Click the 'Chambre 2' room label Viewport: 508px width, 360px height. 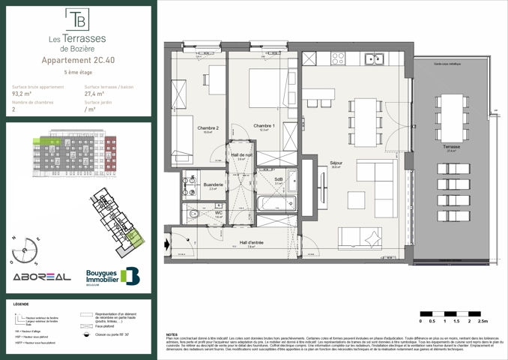pos(208,127)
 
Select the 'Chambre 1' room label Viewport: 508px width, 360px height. pos(264,125)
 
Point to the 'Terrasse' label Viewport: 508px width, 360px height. pos(451,147)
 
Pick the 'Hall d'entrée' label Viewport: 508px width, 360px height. pos(252,242)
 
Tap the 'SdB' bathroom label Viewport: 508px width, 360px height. pos(278,180)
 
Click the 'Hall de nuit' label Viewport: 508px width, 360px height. pos(241,155)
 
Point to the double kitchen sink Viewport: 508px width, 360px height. pos(373,58)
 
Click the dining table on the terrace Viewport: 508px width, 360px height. pos(451,112)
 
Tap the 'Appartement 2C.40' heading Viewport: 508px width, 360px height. pos(78,60)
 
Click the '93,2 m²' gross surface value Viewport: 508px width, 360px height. pos(23,94)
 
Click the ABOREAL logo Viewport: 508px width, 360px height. pos(39,277)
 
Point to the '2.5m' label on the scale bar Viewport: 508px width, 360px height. pos(482,320)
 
